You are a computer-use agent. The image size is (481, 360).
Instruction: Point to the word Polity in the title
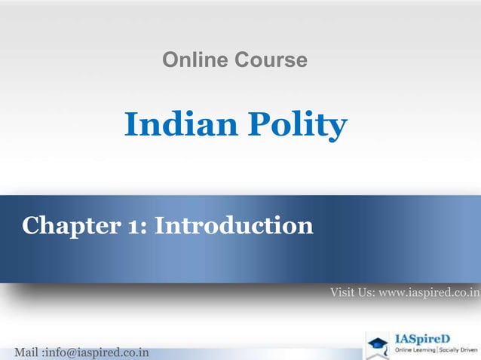click(300, 126)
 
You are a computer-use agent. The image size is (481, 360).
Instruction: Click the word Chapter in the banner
click(66, 224)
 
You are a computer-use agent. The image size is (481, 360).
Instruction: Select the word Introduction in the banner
click(234, 224)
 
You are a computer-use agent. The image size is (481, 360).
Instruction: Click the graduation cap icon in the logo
click(377, 343)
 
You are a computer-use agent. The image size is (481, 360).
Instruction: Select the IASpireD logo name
click(424, 338)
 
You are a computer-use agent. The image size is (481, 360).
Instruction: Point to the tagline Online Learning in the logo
click(412, 352)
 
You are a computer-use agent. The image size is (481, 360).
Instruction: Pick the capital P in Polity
click(264, 125)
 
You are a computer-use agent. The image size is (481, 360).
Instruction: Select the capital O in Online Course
click(170, 60)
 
